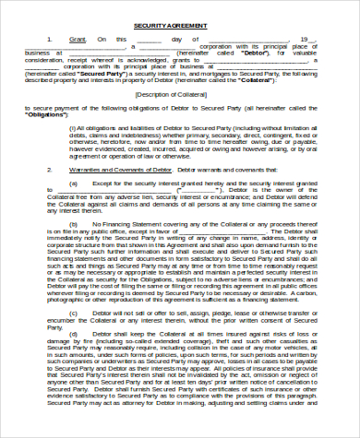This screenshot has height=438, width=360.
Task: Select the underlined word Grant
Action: pyautogui.click(x=78, y=40)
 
